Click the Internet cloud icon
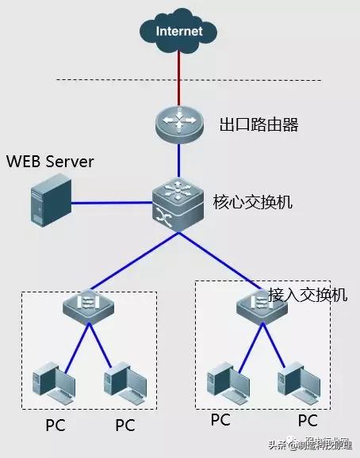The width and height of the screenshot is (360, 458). click(x=179, y=32)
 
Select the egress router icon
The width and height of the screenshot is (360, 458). click(x=179, y=124)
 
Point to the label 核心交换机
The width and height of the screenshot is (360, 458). click(x=253, y=202)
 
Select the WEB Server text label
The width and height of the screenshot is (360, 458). click(x=50, y=162)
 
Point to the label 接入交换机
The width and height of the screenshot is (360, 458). click(x=308, y=294)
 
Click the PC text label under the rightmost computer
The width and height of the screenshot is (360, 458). click(x=307, y=419)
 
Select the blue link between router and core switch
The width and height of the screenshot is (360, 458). click(x=179, y=162)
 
